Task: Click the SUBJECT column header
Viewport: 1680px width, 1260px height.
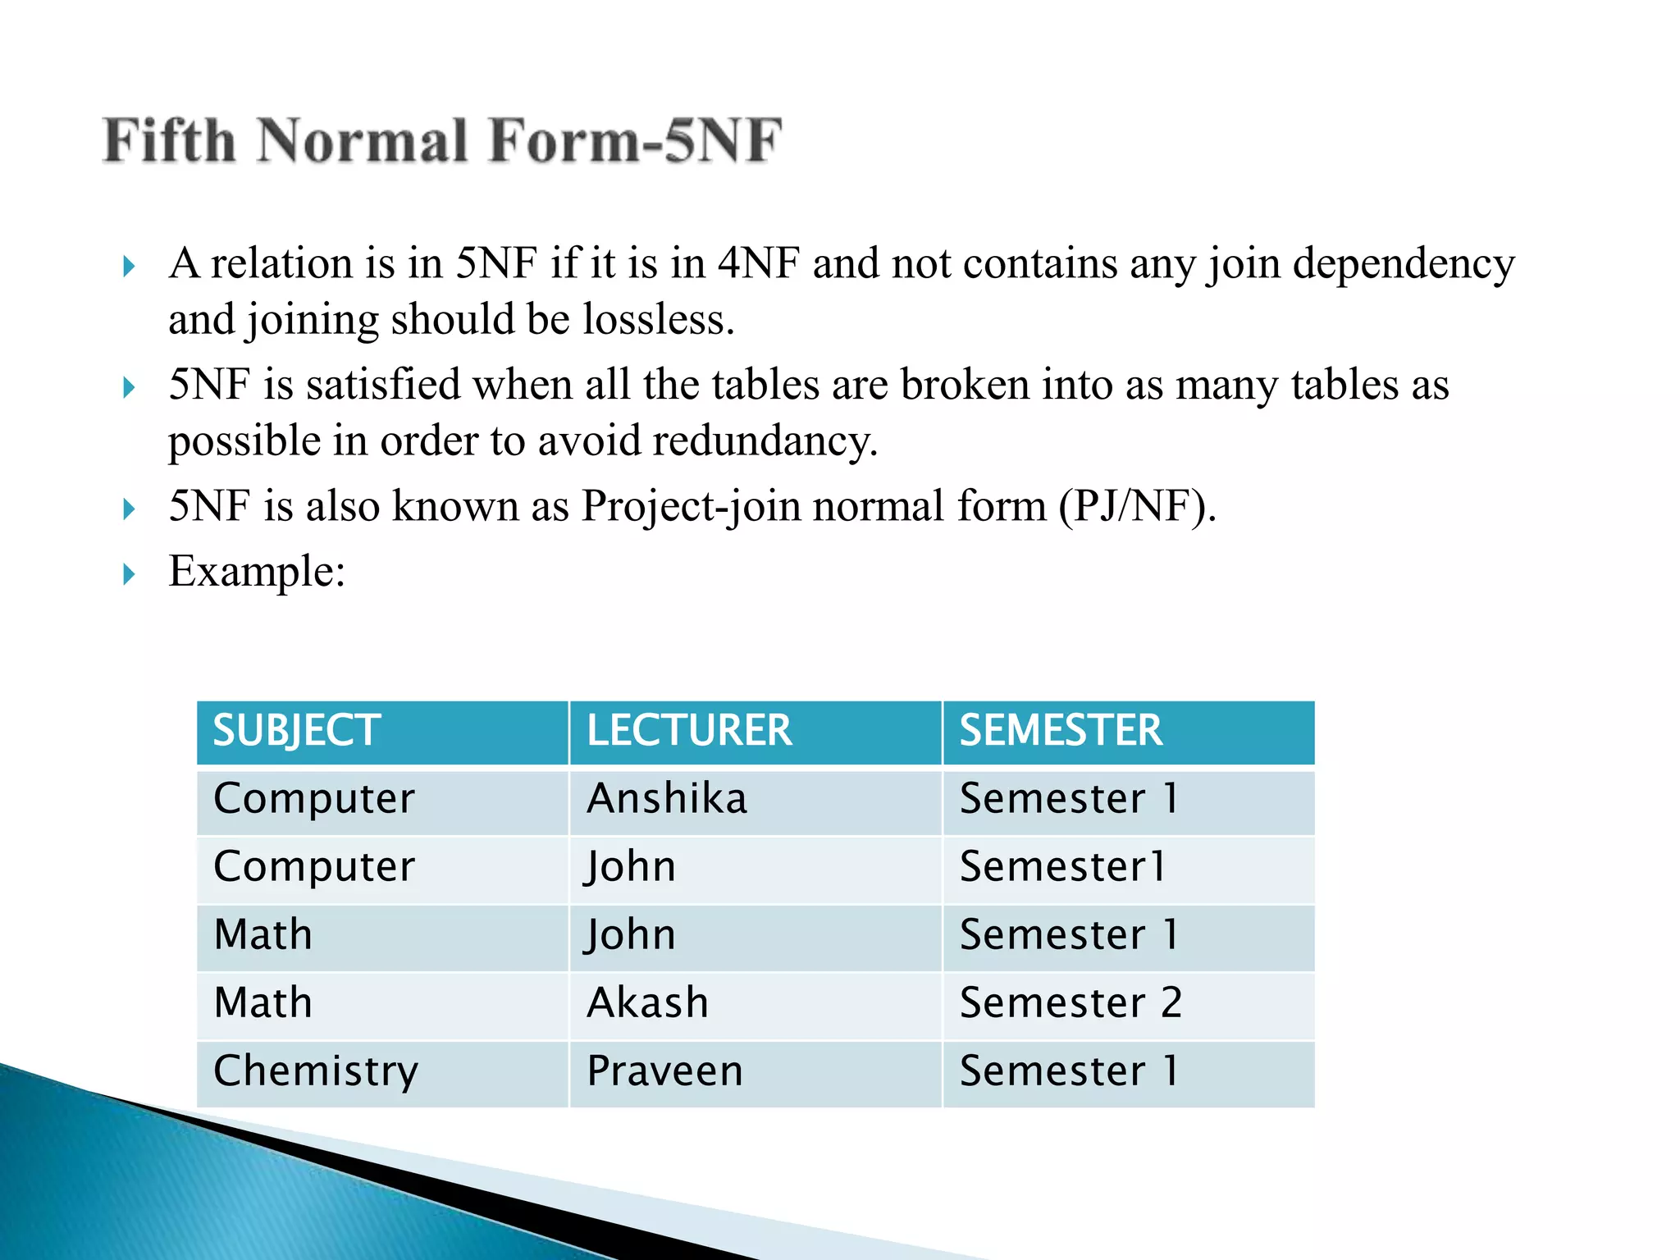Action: click(297, 730)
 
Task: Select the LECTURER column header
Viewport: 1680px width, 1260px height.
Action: click(689, 730)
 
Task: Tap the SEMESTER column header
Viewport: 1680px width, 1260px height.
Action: click(1061, 730)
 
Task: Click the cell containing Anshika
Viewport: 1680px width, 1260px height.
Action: click(667, 799)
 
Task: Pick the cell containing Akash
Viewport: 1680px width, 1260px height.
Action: click(648, 1002)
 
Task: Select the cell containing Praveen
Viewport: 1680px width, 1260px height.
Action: click(665, 1071)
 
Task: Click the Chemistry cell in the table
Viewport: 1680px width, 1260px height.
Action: click(316, 1071)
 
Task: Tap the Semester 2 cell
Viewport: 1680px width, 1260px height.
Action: click(1071, 1002)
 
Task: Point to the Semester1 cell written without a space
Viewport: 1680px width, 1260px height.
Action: click(1062, 867)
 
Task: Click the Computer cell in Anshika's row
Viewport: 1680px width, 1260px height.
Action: click(314, 799)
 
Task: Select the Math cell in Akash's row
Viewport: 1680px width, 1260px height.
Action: click(263, 1002)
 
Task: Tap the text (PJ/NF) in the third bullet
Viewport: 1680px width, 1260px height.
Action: click(1137, 506)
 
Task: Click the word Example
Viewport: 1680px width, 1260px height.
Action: click(256, 571)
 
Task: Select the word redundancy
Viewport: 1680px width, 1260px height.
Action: click(765, 441)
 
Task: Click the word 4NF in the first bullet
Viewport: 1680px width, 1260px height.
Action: click(758, 263)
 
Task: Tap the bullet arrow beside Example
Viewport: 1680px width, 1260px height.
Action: click(129, 573)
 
